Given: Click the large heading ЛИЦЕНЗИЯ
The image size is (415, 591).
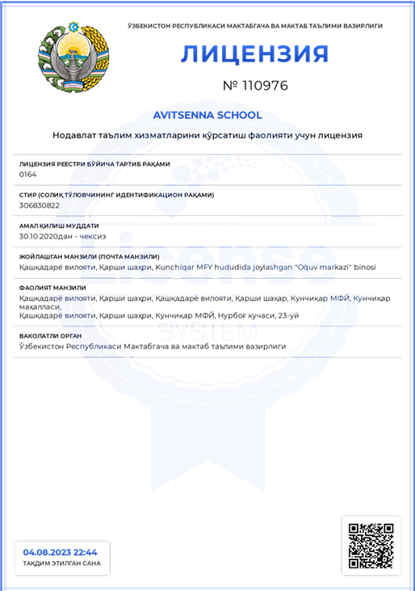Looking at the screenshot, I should [x=254, y=53].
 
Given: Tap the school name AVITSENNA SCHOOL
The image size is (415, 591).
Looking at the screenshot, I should [x=207, y=115].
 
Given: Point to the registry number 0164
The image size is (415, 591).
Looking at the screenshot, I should [x=27, y=174].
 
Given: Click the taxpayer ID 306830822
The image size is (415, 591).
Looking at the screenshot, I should [x=39, y=205].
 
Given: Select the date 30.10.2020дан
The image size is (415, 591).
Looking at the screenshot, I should [x=46, y=236].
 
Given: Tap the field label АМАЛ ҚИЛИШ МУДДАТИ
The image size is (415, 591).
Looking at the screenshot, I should [x=58, y=226].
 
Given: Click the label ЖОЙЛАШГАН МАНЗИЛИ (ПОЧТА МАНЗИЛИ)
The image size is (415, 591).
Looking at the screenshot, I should [x=89, y=257].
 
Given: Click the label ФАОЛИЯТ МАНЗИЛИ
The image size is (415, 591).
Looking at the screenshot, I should [x=52, y=288].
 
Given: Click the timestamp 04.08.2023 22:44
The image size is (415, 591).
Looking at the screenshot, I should [x=61, y=551].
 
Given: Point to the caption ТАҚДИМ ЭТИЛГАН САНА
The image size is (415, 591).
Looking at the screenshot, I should [x=61, y=564].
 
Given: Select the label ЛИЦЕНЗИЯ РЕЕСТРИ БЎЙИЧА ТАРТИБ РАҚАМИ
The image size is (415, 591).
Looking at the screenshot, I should [x=94, y=163].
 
